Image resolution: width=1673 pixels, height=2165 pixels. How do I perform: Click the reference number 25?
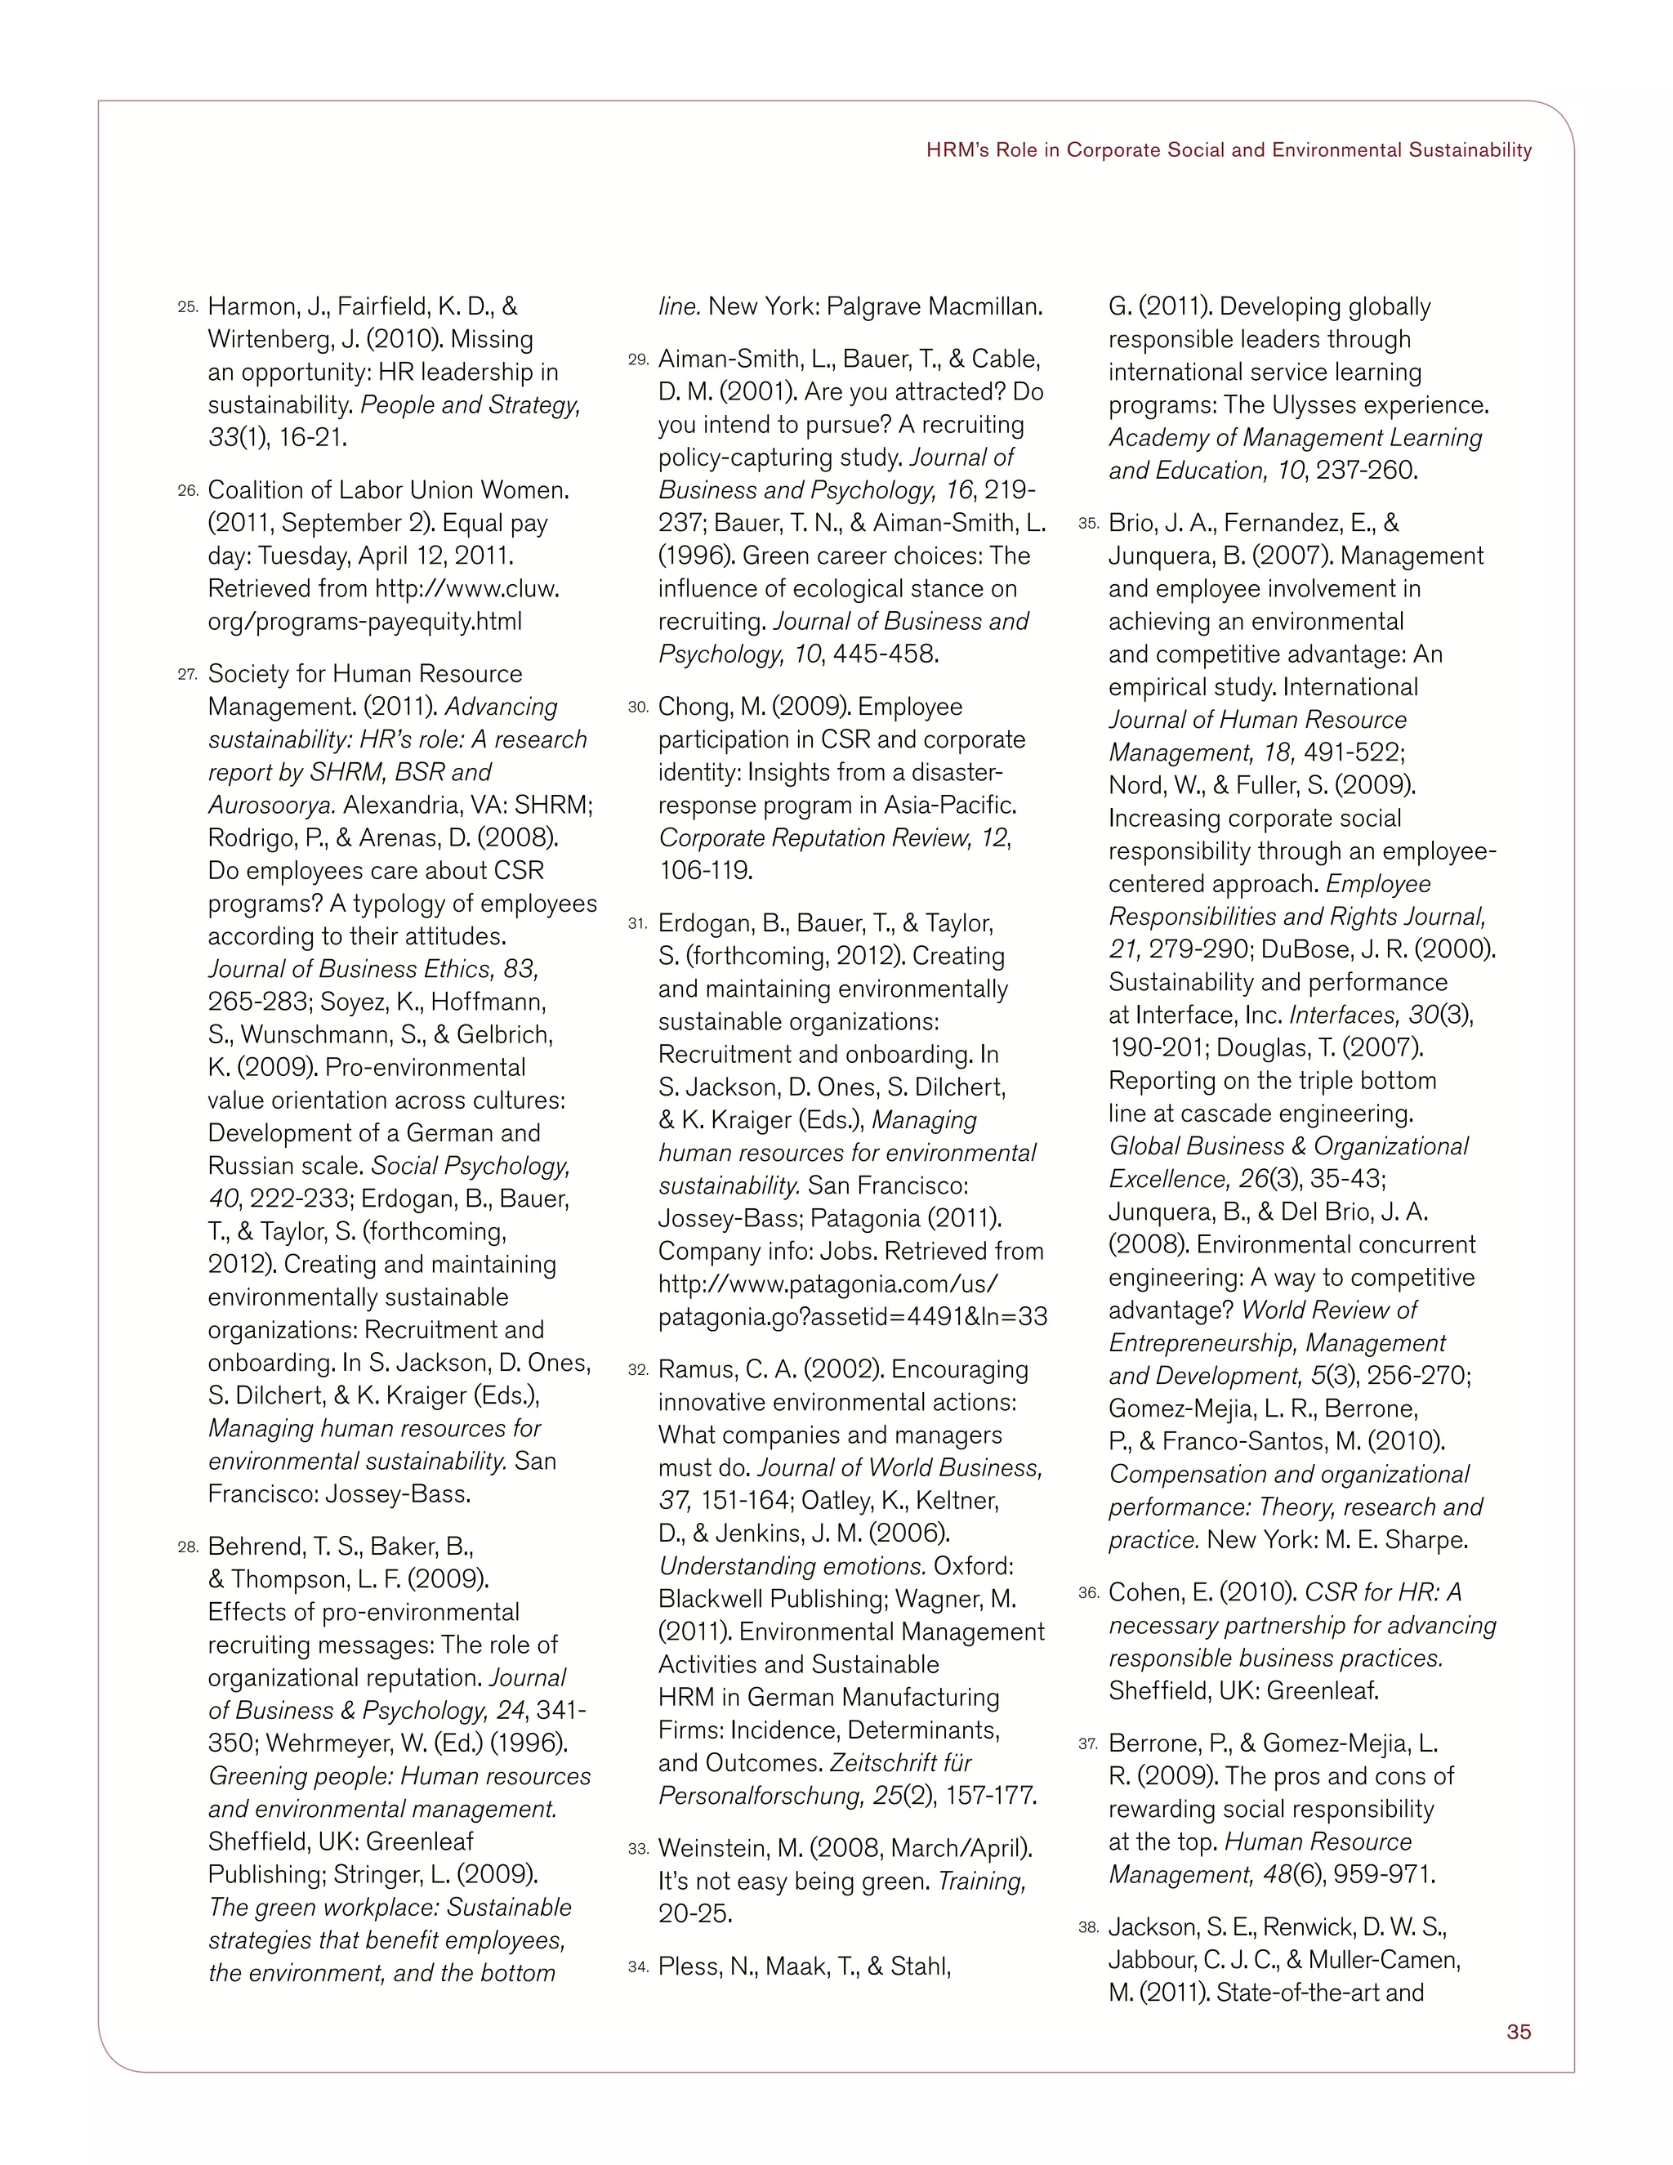pyautogui.click(x=189, y=308)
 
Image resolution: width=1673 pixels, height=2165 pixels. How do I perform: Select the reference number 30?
pyautogui.click(x=638, y=708)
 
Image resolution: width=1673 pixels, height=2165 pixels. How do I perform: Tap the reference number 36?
pyautogui.click(x=1089, y=1593)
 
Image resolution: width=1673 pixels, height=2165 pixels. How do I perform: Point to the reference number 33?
pyautogui.click(x=638, y=1850)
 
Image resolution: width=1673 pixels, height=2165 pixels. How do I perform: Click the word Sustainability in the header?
pyautogui.click(x=1470, y=150)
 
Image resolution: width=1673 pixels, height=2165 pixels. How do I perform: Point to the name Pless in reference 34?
pyautogui.click(x=689, y=1966)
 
